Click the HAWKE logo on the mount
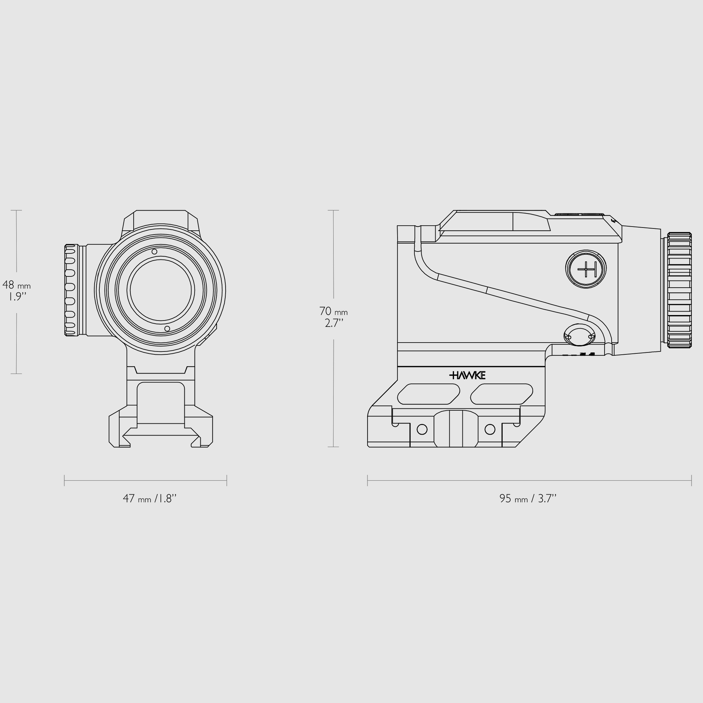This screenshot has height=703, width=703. tap(467, 375)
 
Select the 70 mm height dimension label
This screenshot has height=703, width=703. tap(333, 317)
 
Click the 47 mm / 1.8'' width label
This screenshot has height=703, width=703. tap(150, 498)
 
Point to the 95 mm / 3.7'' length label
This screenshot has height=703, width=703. tap(528, 498)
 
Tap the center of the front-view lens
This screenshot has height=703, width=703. tap(160, 290)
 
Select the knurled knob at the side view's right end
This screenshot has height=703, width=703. tap(679, 290)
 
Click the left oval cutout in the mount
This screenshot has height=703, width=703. tap(429, 394)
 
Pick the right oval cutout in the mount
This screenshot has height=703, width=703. tap(501, 394)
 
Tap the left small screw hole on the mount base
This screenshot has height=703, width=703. tap(422, 429)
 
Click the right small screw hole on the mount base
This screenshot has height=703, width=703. tap(490, 429)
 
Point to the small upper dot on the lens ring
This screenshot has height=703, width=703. tap(154, 251)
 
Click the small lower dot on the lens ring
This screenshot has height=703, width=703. tap(167, 328)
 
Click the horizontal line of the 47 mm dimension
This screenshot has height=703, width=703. tap(145, 480)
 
